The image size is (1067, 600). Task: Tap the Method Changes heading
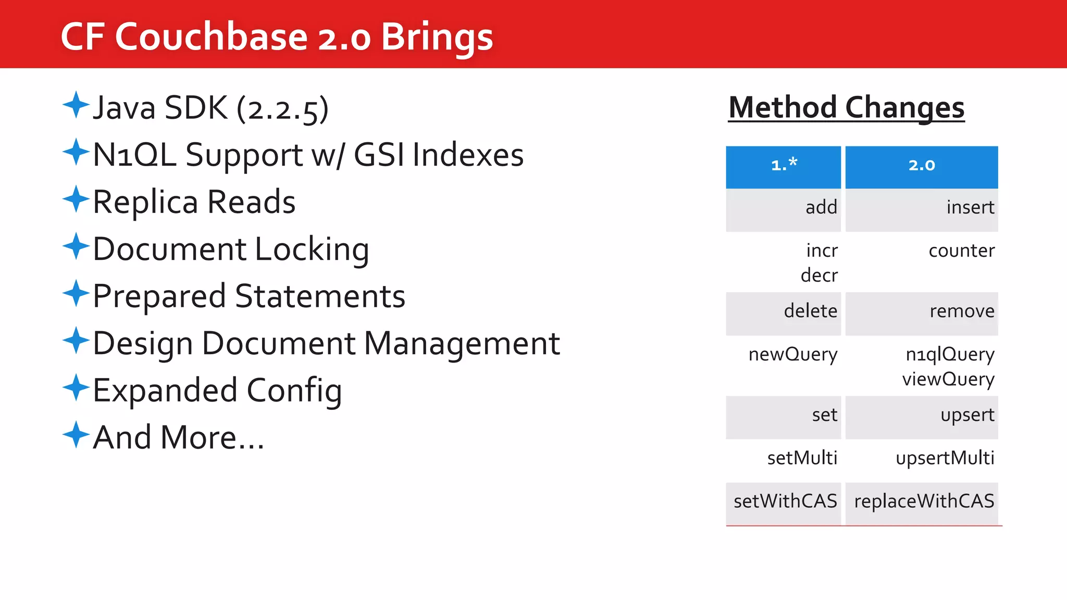[846, 107]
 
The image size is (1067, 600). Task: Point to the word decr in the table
[819, 275]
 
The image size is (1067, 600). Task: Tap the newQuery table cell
[792, 354]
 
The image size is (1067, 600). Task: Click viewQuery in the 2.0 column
[948, 379]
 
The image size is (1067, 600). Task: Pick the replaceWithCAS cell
[924, 501]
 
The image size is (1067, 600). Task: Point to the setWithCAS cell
[785, 501]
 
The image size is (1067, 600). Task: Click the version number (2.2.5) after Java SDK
[282, 108]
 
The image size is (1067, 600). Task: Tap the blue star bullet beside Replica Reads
[76, 199]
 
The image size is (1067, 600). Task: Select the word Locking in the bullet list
[312, 249]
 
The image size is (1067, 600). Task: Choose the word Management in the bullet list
[462, 343]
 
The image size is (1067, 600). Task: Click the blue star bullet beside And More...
[76, 434]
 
